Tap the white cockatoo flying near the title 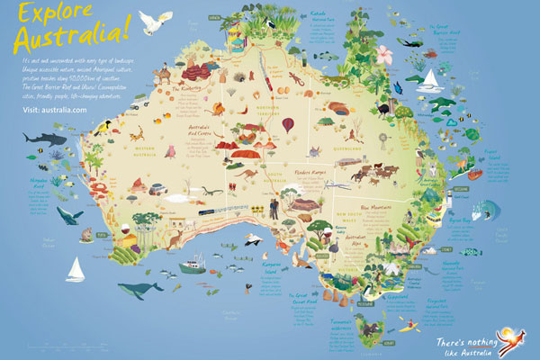pyautogui.click(x=163, y=19)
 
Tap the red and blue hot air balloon pyautogui.click(x=288, y=124)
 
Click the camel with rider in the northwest pyautogui.click(x=163, y=73)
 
